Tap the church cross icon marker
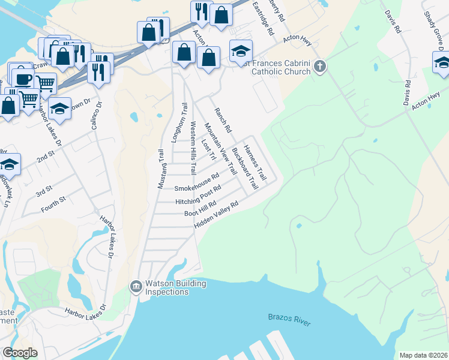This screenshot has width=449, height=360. coord(319,66)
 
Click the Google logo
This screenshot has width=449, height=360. coord(20,353)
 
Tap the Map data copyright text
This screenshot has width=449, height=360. coord(423,355)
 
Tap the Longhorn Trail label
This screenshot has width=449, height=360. coord(176,122)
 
